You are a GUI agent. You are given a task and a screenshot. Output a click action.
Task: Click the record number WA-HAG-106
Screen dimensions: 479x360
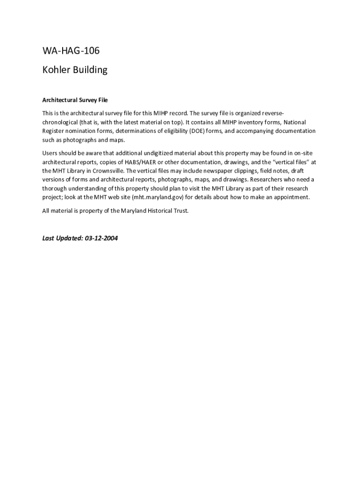coord(71,51)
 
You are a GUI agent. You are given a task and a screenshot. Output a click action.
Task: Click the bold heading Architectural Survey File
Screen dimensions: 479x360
coord(75,100)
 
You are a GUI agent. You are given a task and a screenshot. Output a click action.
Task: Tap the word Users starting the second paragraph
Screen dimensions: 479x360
coord(51,152)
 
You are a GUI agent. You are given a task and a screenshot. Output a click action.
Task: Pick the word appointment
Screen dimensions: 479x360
coord(291,197)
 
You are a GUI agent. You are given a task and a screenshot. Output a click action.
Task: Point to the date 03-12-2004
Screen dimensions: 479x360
coord(101,238)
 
